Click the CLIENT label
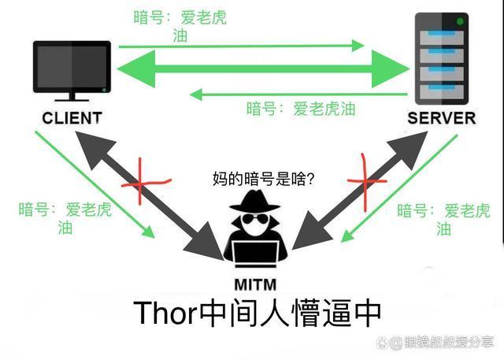pos(72,118)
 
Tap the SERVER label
pos(442,118)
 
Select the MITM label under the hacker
pos(255,285)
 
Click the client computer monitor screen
pos(72,67)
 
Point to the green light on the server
pos(460,21)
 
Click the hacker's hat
pos(254,201)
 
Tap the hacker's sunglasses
pos(255,218)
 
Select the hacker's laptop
pos(255,254)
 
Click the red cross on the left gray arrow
pos(145,182)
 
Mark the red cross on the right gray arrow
pos(366,182)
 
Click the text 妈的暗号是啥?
pos(263,179)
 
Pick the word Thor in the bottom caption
pos(165,313)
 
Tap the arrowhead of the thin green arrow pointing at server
pos(358,46)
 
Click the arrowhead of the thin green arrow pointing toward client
pos(196,95)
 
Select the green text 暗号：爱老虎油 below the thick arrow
pos(301,109)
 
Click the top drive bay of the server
pos(442,37)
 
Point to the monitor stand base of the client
pos(72,100)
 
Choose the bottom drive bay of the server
pos(442,92)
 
